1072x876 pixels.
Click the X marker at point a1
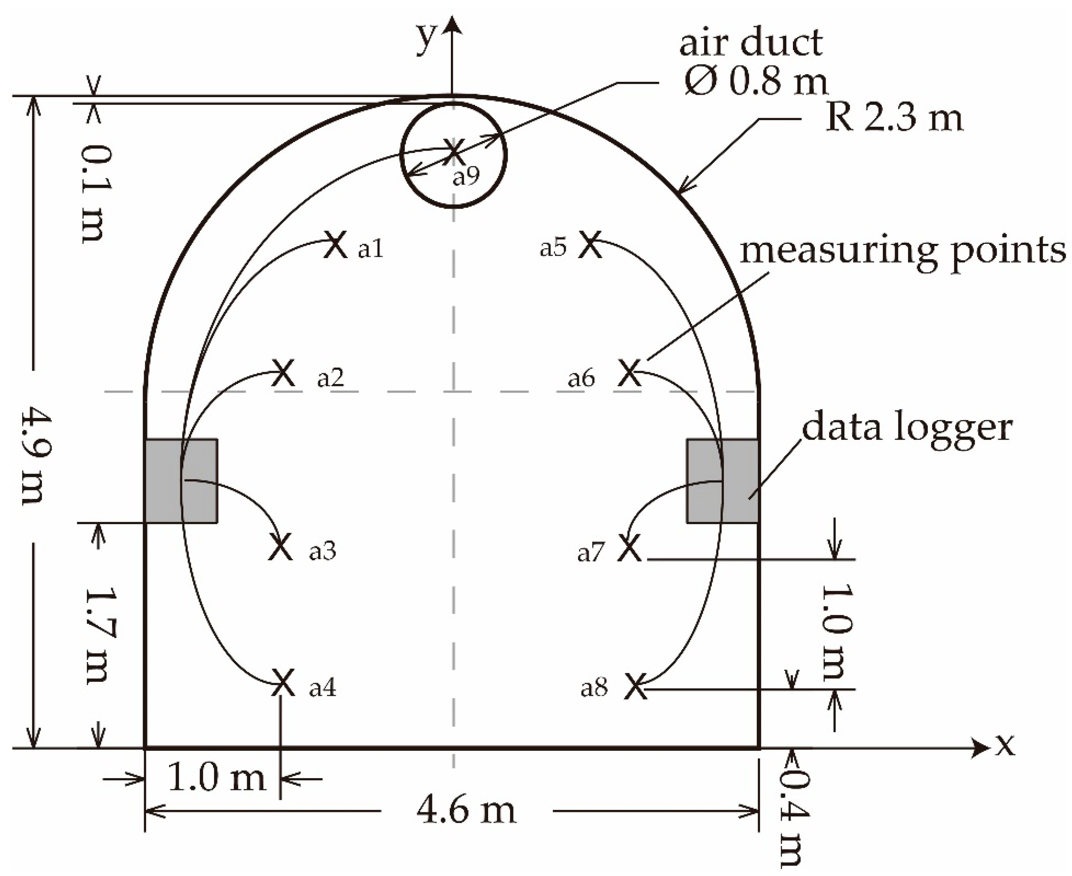[x=335, y=245]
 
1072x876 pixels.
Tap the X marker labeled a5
[x=590, y=245]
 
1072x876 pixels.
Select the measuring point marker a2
[x=283, y=373]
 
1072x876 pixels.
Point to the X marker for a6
[x=630, y=373]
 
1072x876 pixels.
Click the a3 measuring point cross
[x=280, y=546]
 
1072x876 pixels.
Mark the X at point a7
[x=630, y=548]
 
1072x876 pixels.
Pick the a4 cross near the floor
[x=283, y=683]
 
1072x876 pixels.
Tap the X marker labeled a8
[x=635, y=686]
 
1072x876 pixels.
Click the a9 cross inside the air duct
[x=453, y=151]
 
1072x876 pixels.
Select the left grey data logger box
[x=181, y=480]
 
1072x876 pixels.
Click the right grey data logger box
[x=723, y=480]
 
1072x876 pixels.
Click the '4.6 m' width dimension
[x=466, y=811]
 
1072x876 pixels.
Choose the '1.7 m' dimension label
[x=99, y=635]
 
